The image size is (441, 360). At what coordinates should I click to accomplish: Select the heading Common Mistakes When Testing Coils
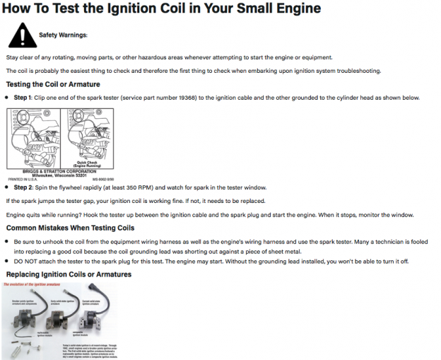click(x=70, y=228)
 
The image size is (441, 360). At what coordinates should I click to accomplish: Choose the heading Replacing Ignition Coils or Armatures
click(x=69, y=274)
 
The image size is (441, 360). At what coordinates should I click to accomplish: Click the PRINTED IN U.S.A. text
click(x=21, y=180)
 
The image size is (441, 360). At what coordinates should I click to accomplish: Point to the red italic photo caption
click(x=33, y=284)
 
